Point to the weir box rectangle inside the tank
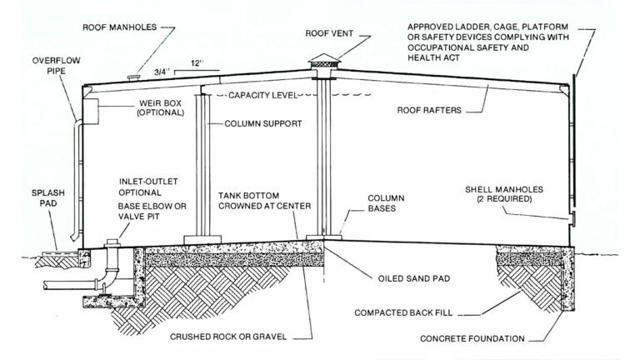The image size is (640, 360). [x=89, y=108]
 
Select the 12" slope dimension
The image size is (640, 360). [x=197, y=63]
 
